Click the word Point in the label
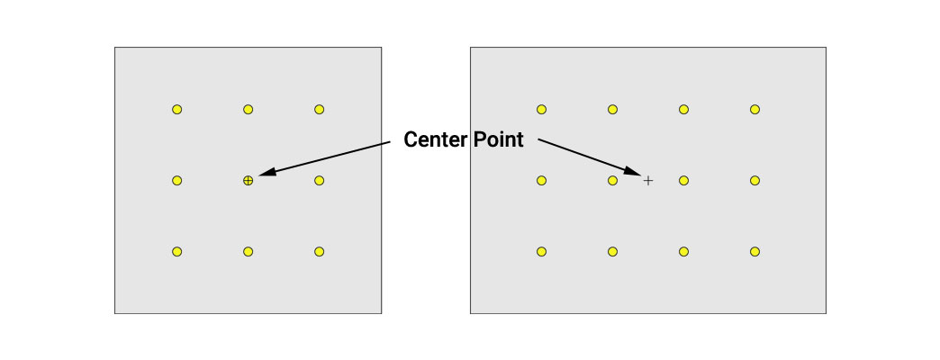(x=499, y=139)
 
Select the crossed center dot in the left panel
(x=249, y=180)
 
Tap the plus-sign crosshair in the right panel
(x=648, y=180)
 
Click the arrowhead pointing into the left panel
(x=267, y=171)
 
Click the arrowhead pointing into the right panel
(x=632, y=170)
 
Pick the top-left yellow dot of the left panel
(x=176, y=109)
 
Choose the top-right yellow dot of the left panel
(x=319, y=109)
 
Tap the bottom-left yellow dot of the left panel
(x=176, y=252)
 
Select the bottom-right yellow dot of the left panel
(x=319, y=252)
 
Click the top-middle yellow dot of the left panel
(x=249, y=109)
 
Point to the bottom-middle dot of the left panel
(x=249, y=252)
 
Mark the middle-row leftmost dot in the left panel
(x=176, y=180)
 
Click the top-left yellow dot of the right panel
(x=541, y=109)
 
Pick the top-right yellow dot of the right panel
(x=755, y=109)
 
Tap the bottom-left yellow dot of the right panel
(x=541, y=252)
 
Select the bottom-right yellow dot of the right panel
(x=755, y=252)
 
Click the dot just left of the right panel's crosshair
(x=612, y=180)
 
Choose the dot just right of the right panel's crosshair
(x=683, y=180)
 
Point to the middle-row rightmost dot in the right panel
(x=755, y=180)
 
